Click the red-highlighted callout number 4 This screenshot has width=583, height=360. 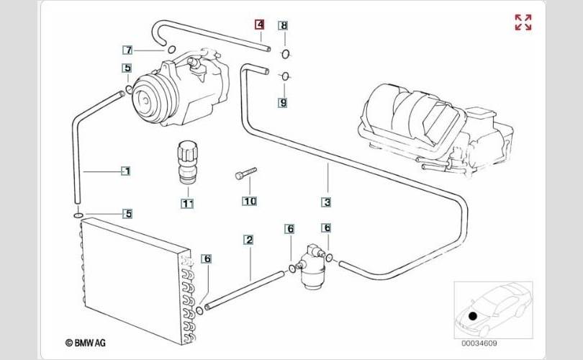(x=260, y=24)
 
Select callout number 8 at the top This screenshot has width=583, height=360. (x=284, y=25)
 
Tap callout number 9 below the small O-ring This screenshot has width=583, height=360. (x=284, y=103)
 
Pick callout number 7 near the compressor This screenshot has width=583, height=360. (x=128, y=50)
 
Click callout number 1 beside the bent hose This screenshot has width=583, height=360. (x=127, y=171)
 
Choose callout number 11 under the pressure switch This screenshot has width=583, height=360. (x=187, y=204)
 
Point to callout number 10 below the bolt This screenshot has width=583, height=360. (x=250, y=201)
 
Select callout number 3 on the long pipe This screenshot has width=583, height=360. (x=327, y=202)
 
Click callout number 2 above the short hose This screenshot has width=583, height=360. (x=249, y=240)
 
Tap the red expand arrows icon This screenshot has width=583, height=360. (x=523, y=22)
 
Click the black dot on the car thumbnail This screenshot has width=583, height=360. (x=473, y=316)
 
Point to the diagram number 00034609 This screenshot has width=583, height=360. (x=479, y=343)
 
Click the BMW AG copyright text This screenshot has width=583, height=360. (x=86, y=343)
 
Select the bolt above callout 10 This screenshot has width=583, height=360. (x=245, y=174)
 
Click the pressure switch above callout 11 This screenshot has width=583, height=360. (x=187, y=162)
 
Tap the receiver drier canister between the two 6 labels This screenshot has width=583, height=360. (x=312, y=266)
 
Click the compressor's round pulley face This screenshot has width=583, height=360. (x=145, y=99)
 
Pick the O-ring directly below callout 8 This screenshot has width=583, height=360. (x=285, y=54)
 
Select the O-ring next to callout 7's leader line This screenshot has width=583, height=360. (x=171, y=50)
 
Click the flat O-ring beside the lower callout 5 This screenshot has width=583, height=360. (x=78, y=215)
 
